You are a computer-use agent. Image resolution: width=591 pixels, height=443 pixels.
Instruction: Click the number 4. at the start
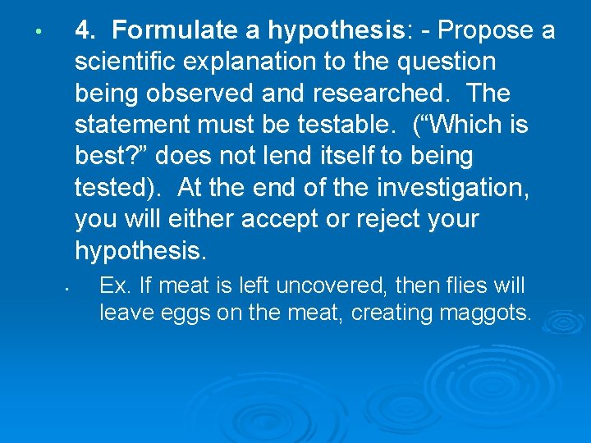pyautogui.click(x=86, y=31)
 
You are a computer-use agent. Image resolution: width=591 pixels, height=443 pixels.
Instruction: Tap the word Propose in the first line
pyautogui.click(x=483, y=31)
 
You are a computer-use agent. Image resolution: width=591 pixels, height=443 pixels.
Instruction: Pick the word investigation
pyautogui.click(x=452, y=188)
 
